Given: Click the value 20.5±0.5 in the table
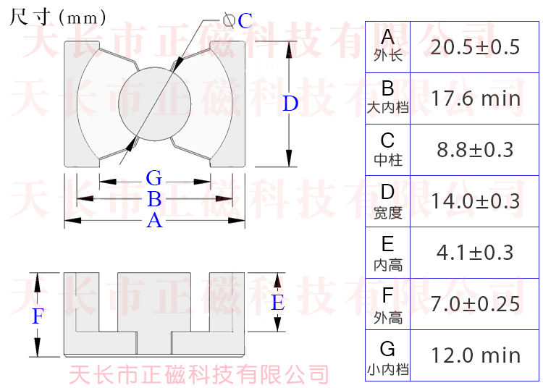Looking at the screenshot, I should click(475, 48).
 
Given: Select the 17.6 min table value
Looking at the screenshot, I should click(475, 98).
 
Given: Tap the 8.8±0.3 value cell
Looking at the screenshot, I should click(475, 150).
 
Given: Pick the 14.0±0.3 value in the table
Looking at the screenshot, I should click(475, 201).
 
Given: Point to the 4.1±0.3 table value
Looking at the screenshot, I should click(475, 252).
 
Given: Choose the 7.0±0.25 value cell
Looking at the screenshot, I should click(475, 303).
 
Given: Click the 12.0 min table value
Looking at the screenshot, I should click(475, 355).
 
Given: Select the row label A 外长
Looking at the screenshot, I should click(388, 45).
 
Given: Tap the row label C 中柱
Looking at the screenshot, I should click(388, 148).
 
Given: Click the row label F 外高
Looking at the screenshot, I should click(388, 303).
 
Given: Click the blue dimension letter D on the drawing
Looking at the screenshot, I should click(290, 104).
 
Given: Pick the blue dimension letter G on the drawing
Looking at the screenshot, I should click(153, 178).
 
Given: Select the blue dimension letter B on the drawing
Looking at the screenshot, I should click(153, 199).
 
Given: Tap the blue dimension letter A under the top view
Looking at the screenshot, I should click(154, 221).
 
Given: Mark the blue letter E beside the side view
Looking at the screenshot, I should click(277, 303).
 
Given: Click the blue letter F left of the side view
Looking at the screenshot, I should click(38, 316).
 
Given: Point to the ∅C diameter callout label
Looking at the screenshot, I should click(239, 20).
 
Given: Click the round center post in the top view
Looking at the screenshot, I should click(154, 104).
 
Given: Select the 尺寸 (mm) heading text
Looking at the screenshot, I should click(58, 17).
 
